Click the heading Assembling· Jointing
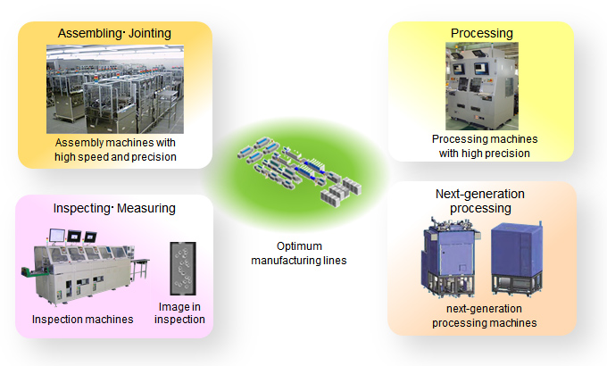click(x=114, y=33)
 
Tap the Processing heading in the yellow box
click(x=481, y=33)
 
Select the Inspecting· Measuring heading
click(x=114, y=208)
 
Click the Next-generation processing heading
click(x=480, y=201)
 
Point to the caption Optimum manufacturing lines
click(x=299, y=254)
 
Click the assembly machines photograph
click(x=115, y=89)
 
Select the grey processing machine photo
click(x=482, y=86)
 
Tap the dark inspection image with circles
click(x=183, y=269)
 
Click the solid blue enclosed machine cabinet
click(x=517, y=259)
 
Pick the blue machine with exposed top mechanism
click(x=450, y=258)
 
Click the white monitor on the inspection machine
click(x=57, y=236)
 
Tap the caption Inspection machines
click(x=82, y=320)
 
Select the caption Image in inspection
click(x=179, y=313)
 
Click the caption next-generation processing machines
click(x=485, y=316)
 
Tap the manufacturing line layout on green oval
click(x=299, y=171)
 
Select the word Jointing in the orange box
click(x=150, y=33)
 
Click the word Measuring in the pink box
click(x=146, y=208)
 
